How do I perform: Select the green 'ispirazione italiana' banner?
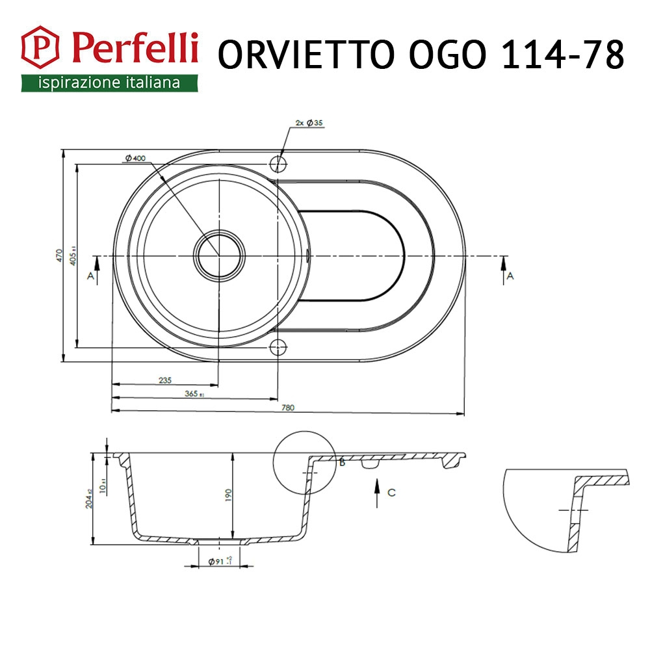(109, 83)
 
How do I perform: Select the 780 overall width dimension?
(288, 408)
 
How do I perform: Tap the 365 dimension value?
(192, 394)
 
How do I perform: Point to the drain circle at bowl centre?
(219, 255)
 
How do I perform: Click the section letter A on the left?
(90, 276)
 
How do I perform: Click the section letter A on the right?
(510, 276)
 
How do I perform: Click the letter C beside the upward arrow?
(391, 492)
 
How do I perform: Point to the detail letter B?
(342, 463)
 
